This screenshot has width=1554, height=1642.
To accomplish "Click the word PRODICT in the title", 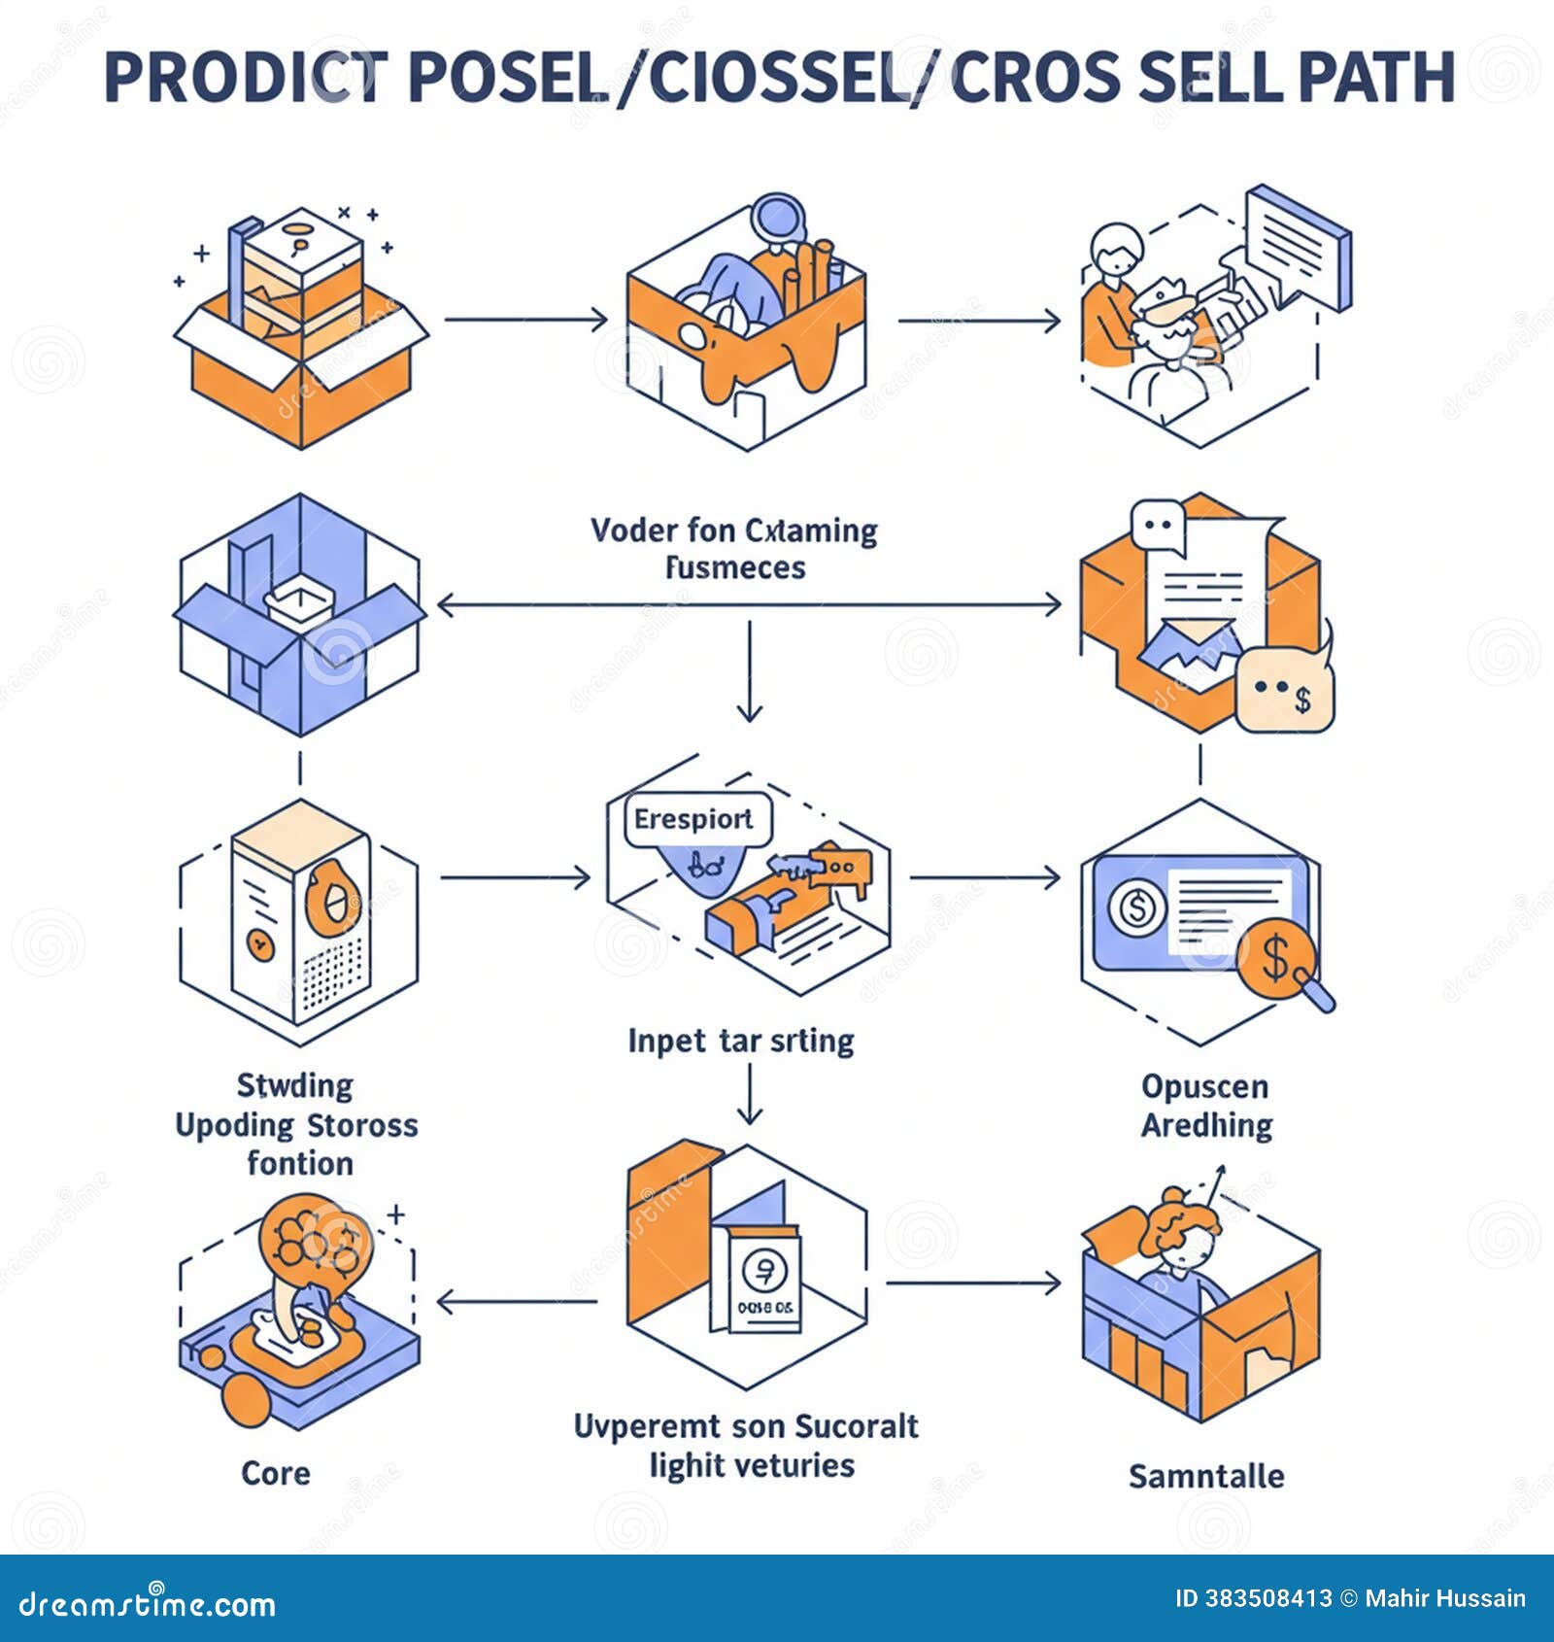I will (x=246, y=78).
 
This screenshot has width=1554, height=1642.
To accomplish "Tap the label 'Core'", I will (x=276, y=1473).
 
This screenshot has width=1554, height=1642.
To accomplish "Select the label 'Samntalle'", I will (x=1205, y=1476).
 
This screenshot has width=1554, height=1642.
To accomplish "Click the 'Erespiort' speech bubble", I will (x=694, y=819).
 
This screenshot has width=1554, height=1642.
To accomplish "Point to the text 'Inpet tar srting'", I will (x=740, y=1041).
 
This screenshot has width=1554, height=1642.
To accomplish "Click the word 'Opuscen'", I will (x=1204, y=1085).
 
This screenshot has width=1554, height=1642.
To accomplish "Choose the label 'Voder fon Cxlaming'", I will (x=733, y=530).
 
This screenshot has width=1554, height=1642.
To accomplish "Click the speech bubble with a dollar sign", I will (x=1284, y=691).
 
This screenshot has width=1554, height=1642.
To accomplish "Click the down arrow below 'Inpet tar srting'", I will (x=749, y=1093).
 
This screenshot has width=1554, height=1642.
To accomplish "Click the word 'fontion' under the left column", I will (x=299, y=1163).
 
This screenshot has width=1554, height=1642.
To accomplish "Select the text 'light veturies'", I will (x=752, y=1465).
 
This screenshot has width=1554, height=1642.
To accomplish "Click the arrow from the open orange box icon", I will (x=524, y=320).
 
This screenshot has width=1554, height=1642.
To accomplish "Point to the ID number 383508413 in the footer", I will (x=1267, y=1598).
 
